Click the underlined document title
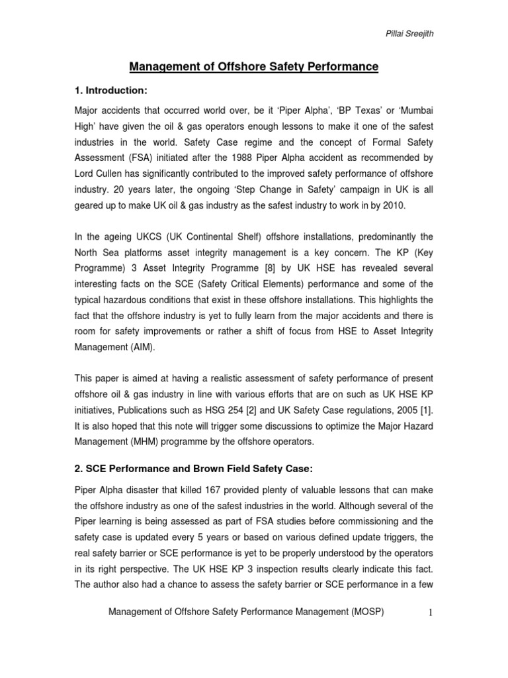point(253,66)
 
